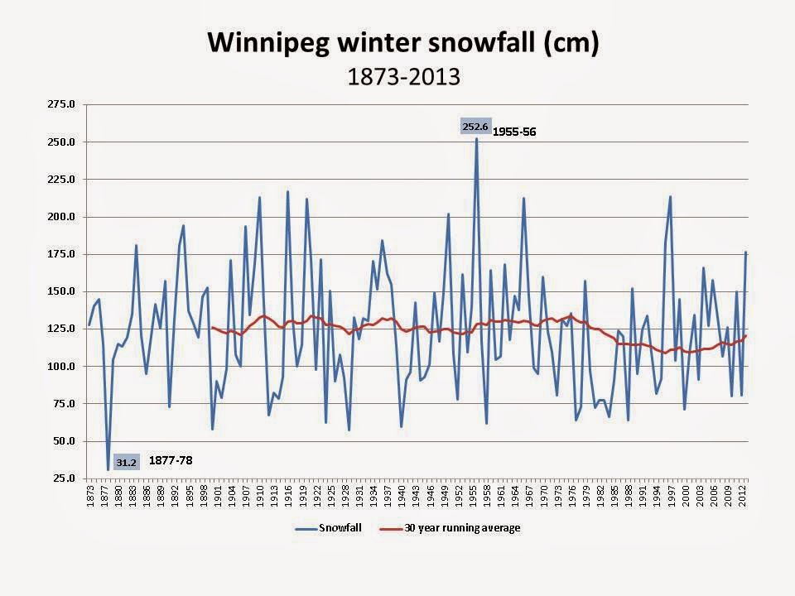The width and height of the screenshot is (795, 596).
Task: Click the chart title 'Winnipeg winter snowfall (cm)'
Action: point(402,43)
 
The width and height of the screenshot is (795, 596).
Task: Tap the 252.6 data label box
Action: point(475,127)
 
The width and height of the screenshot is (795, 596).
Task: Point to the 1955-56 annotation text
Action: point(514,131)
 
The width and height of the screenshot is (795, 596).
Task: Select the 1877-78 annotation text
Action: point(170,460)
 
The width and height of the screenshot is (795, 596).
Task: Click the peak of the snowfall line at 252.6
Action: point(476,138)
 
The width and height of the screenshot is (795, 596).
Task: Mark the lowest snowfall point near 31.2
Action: point(108,469)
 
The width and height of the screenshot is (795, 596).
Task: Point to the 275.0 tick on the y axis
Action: point(64,104)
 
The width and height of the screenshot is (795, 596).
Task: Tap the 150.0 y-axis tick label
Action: point(64,291)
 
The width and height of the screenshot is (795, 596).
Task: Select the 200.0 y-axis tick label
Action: point(64,217)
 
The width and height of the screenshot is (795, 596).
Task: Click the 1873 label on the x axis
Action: point(89,495)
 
